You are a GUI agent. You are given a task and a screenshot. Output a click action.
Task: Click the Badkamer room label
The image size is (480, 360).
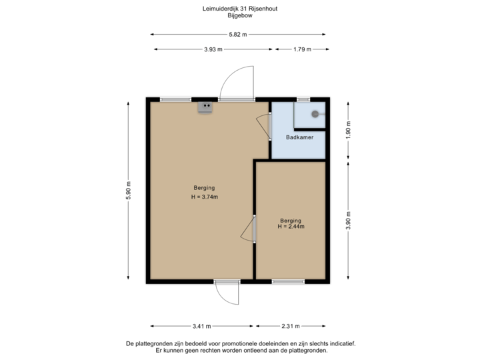point(299,138)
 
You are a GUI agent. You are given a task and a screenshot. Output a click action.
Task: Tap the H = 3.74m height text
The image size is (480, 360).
point(205,197)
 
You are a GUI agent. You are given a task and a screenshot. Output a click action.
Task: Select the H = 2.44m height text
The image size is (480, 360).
point(291,227)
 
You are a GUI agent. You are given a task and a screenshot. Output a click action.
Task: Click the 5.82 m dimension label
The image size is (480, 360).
point(238,34)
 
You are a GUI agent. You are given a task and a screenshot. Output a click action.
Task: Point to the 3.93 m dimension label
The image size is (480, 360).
point(213,49)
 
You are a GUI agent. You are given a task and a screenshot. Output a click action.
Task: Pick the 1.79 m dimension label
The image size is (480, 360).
point(302,49)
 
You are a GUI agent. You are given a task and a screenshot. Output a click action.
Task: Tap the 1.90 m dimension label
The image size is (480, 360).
point(347,129)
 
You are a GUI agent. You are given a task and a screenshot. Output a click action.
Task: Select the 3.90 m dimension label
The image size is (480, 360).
point(347,220)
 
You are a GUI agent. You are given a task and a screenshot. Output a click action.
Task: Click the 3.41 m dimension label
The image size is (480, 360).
point(201,326)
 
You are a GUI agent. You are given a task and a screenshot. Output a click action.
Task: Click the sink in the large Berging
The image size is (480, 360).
point(205,107)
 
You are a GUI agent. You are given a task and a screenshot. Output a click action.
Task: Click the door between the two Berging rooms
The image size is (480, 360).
point(249,229)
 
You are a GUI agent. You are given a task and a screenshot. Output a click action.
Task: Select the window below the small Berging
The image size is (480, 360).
point(289,282)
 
